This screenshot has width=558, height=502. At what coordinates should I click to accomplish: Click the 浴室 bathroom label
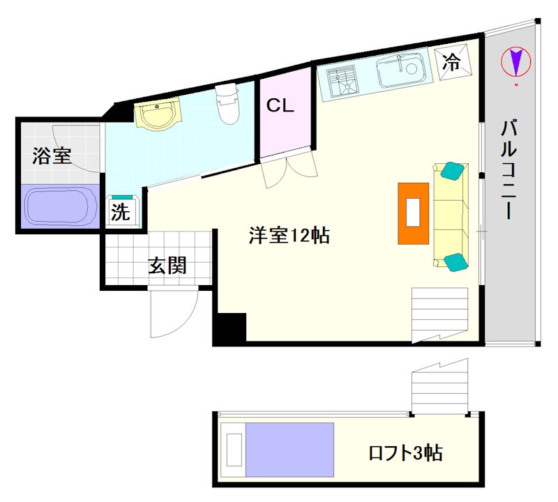[52, 155]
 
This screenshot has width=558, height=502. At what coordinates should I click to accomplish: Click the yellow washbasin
[156, 113]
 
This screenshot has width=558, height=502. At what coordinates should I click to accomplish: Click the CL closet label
[280, 105]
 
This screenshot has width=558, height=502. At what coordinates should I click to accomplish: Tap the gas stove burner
[341, 82]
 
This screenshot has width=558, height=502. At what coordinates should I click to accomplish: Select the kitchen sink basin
[402, 70]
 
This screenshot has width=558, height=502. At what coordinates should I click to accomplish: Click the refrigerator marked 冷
[453, 61]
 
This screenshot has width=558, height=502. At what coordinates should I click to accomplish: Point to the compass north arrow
[515, 61]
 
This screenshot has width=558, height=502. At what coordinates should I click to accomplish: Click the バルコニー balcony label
[508, 169]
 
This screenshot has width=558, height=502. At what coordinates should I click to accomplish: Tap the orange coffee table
[413, 213]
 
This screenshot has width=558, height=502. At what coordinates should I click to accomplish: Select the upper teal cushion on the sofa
[452, 170]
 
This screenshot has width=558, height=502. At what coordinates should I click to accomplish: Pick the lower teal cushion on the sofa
[456, 263]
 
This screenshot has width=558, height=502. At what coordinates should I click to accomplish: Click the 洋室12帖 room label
[289, 235]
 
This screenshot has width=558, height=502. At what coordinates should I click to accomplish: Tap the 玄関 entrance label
[167, 266]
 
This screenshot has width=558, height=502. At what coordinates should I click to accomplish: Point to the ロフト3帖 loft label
[406, 453]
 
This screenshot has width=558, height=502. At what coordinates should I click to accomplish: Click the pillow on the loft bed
[234, 450]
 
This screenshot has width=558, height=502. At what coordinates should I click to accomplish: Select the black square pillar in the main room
[232, 327]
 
